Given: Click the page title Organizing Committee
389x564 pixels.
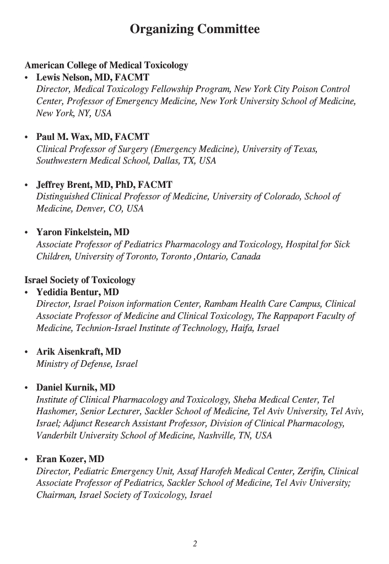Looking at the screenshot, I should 194,29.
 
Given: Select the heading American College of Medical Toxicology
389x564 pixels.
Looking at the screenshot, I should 106,66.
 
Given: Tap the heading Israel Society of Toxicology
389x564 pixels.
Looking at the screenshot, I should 80,280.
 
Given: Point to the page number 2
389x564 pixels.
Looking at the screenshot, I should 194,544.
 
